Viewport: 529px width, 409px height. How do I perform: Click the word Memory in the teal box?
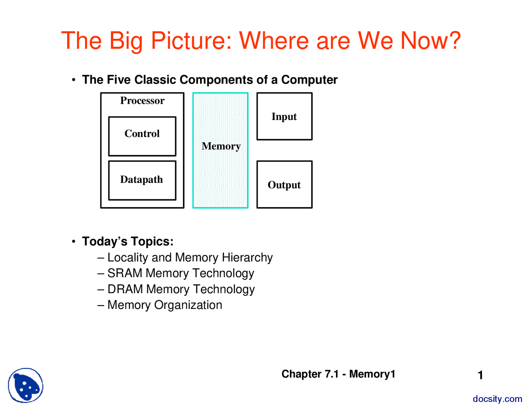tap(221, 146)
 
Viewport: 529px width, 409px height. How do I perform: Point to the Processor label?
tap(142, 100)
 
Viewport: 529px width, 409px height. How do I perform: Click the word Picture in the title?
tap(191, 41)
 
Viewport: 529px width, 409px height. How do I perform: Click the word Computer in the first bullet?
tap(309, 80)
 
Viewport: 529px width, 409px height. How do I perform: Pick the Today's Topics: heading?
tap(128, 242)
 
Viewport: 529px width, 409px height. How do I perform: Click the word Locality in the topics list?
tap(128, 258)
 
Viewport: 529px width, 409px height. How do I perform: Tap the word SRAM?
tap(125, 273)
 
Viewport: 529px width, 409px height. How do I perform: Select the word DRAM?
tap(125, 289)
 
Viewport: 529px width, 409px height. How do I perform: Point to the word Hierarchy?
tap(247, 258)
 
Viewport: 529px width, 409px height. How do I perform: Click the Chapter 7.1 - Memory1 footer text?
tap(338, 374)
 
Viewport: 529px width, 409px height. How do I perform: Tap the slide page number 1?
tap(480, 375)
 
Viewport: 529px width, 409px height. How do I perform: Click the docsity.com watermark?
tap(497, 399)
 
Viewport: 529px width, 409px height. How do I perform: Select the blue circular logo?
tap(26, 385)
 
